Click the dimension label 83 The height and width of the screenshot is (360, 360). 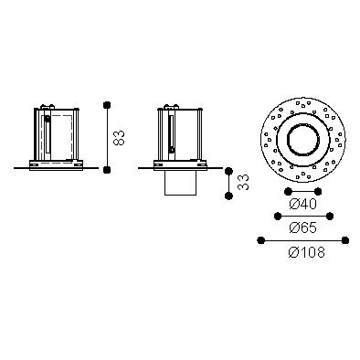click(x=119, y=138)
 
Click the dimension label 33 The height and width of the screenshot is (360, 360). click(x=243, y=182)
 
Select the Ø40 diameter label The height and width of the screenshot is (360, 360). click(x=303, y=204)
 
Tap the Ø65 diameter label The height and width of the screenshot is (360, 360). click(x=303, y=228)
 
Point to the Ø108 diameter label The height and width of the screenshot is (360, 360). click(x=306, y=252)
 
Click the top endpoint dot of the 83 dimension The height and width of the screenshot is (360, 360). click(x=107, y=105)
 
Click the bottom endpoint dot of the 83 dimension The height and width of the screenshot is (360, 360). click(x=107, y=170)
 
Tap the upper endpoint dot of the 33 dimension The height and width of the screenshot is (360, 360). click(x=228, y=171)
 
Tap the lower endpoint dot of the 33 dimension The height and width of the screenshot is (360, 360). click(x=228, y=196)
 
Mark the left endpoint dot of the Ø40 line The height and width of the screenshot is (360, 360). click(x=287, y=192)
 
